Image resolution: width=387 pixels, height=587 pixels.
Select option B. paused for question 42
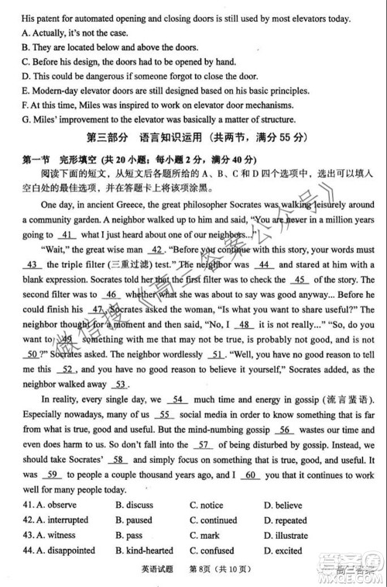[133, 520]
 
